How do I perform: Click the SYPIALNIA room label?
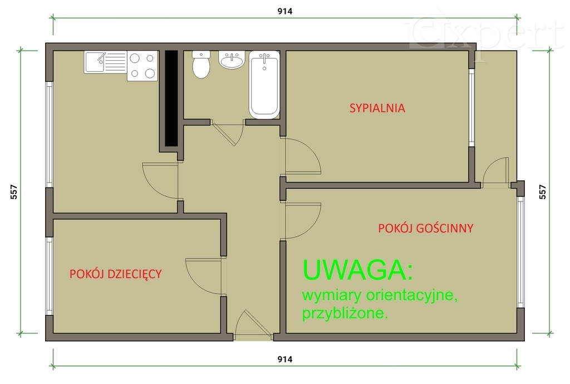(x=377, y=108)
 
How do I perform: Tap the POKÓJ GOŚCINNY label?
(x=425, y=228)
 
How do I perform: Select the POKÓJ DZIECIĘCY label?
(x=115, y=274)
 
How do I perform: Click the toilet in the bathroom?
(x=201, y=66)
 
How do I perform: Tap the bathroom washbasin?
(x=231, y=60)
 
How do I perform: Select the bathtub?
(x=264, y=84)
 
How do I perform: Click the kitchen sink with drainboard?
(x=105, y=62)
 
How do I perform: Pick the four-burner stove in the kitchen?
(x=142, y=66)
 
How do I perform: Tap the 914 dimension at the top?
(x=284, y=11)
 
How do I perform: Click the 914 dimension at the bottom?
(x=284, y=360)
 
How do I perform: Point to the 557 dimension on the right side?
(x=543, y=192)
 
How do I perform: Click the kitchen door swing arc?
(x=158, y=180)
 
